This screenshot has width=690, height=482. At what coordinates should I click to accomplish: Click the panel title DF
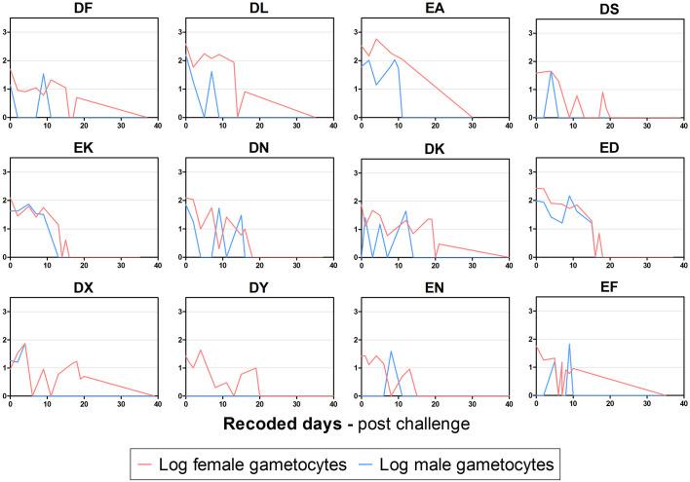pyautogui.click(x=83, y=10)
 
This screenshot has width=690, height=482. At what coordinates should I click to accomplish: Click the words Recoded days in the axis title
pyautogui.click(x=283, y=426)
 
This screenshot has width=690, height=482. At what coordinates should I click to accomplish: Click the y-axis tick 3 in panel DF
pyautogui.click(x=3, y=32)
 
